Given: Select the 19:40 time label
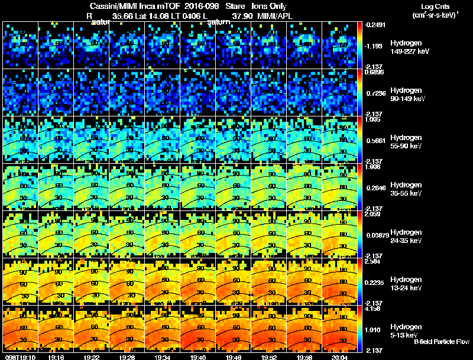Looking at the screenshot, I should [198, 357].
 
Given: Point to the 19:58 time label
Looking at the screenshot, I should [304, 357].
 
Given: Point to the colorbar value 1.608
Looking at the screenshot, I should [373, 167].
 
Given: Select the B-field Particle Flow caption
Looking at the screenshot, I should [442, 342].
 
